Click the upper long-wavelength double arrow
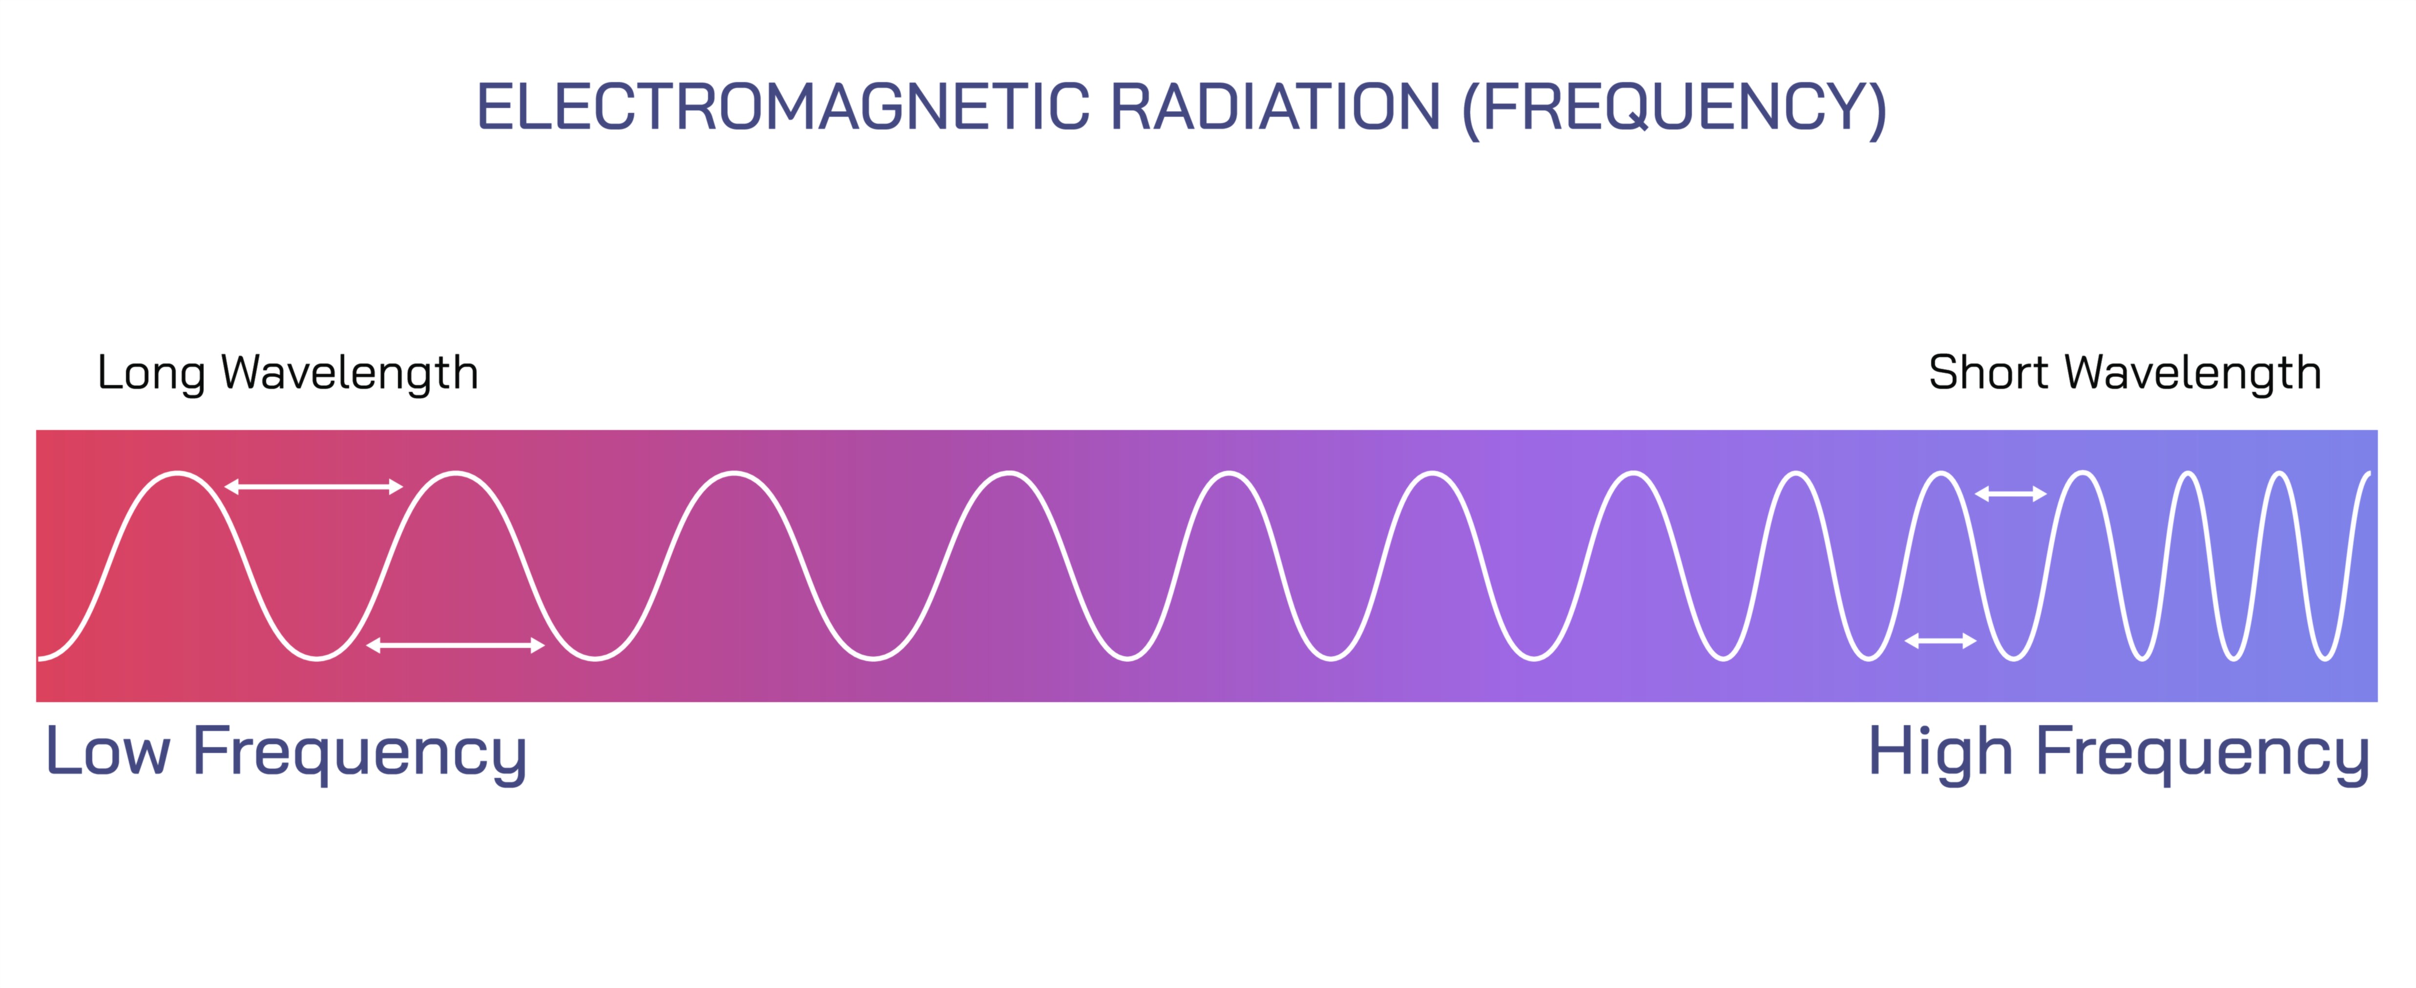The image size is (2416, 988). pyautogui.click(x=313, y=486)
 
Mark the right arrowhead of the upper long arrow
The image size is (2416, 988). pyautogui.click(x=396, y=486)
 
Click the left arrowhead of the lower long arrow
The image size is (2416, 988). pyautogui.click(x=373, y=645)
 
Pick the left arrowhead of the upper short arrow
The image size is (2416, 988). pyautogui.click(x=1981, y=494)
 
